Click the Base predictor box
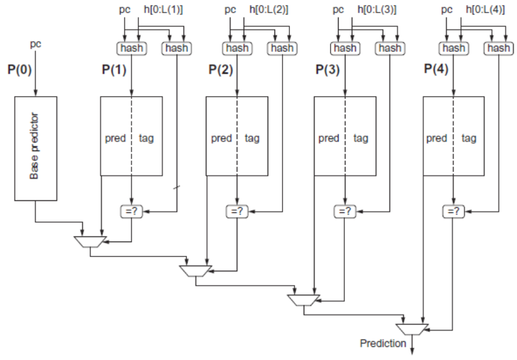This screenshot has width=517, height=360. coord(36,149)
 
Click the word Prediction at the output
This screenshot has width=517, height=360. coord(383,343)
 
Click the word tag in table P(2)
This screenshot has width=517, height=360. coord(252,138)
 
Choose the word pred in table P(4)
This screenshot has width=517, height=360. coord(437,138)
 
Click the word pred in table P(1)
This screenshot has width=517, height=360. coord(115,138)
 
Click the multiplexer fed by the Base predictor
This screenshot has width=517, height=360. coord(90,241)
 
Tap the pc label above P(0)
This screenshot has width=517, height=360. coord(36,45)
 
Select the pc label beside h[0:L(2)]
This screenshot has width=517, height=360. coord(231,9)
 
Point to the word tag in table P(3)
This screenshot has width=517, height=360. coord(360,138)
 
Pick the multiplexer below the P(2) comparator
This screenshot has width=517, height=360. coord(196,270)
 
